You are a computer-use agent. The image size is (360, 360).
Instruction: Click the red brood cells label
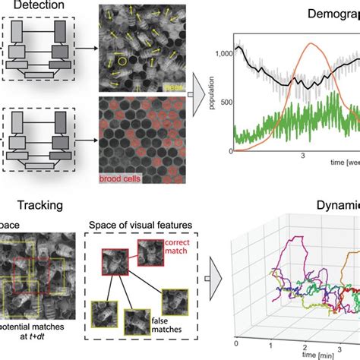tap(123, 179)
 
